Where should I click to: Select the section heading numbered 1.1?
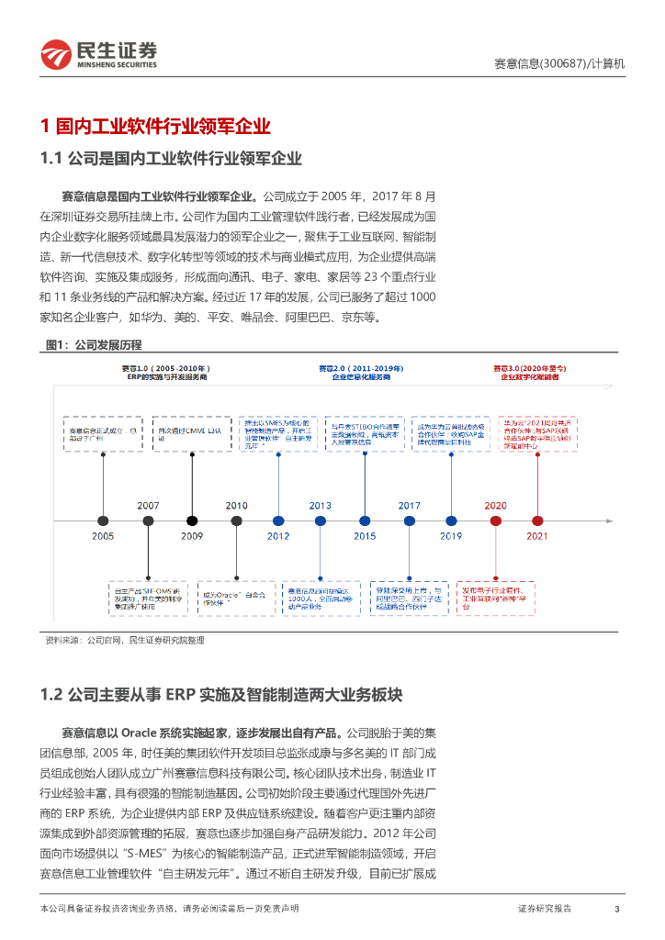pyautogui.click(x=172, y=158)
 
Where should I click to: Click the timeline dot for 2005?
pyautogui.click(x=103, y=520)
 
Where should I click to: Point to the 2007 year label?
pyautogui.click(x=148, y=506)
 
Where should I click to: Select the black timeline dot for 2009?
pyautogui.click(x=192, y=520)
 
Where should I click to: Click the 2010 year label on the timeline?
pyautogui.click(x=237, y=506)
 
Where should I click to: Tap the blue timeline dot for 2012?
pyautogui.click(x=277, y=520)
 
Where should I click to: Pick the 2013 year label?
pyautogui.click(x=320, y=506)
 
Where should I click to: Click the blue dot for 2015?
pyautogui.click(x=365, y=520)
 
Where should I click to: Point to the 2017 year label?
pyautogui.click(x=409, y=506)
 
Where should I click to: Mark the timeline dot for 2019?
pyautogui.click(x=451, y=520)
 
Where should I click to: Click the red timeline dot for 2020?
pyautogui.click(x=495, y=520)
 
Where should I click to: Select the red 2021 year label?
pyautogui.click(x=537, y=536)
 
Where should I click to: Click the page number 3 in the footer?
pyautogui.click(x=616, y=909)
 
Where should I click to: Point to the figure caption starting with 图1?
pyautogui.click(x=96, y=345)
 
